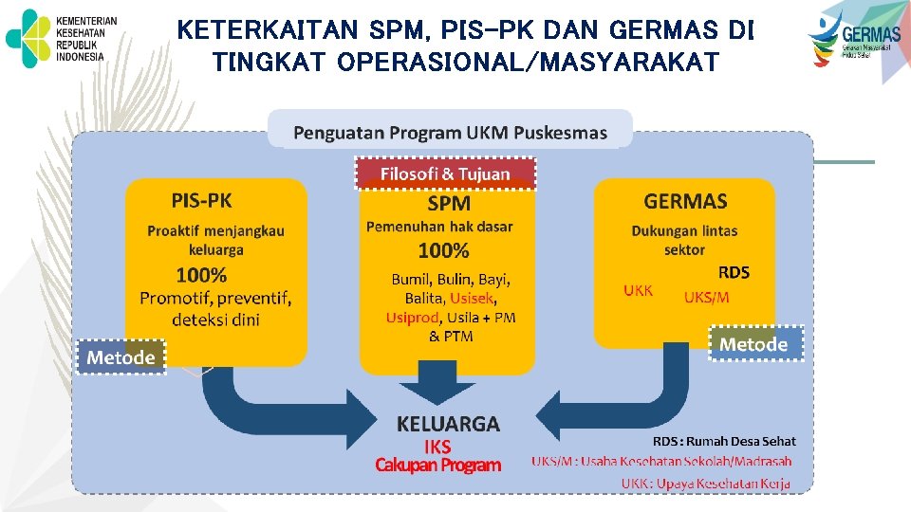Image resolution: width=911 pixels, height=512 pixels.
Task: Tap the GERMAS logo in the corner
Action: coord(854,38)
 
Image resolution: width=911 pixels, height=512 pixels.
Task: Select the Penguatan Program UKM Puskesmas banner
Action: coord(450,132)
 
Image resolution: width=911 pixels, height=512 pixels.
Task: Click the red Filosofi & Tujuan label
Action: coord(445,174)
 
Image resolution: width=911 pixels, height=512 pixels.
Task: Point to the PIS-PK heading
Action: coord(201,200)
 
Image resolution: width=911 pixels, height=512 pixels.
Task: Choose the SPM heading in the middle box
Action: coord(449,202)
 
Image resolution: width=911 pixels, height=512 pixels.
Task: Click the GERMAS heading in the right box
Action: coord(685,201)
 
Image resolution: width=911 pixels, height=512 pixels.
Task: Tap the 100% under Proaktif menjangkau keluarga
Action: coord(201,276)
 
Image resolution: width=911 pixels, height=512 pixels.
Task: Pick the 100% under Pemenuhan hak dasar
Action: coord(444,250)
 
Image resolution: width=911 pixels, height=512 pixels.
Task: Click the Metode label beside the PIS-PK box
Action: coord(121,357)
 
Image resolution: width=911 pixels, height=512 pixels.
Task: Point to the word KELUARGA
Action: coord(448,424)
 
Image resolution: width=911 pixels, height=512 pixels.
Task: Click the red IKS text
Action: coord(437,447)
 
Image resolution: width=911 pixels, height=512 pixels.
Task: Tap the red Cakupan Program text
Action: coord(437,466)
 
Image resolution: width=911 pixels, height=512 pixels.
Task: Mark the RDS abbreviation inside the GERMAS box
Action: coord(734,273)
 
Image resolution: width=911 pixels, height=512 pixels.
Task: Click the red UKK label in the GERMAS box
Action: coord(638,291)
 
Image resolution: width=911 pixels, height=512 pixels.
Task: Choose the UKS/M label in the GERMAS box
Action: coord(707,297)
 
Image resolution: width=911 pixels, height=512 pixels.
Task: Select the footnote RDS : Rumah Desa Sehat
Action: coord(724,441)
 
